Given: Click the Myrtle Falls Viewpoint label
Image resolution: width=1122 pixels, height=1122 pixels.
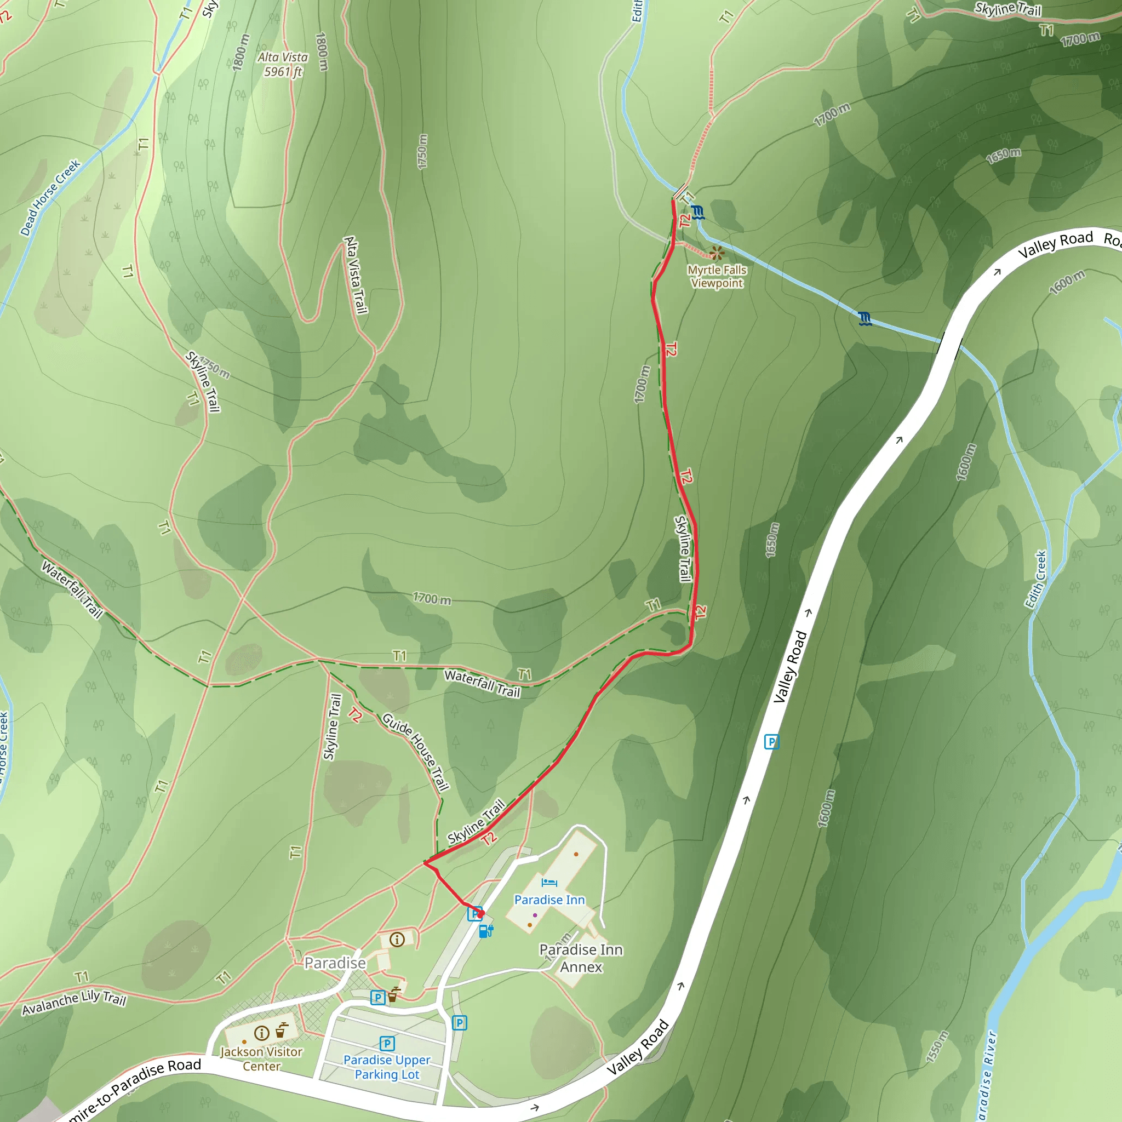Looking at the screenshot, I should point(717,277).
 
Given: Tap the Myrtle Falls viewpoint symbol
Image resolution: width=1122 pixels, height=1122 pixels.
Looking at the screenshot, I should point(717,253).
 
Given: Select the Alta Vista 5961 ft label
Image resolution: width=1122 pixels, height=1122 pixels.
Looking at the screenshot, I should point(283,65).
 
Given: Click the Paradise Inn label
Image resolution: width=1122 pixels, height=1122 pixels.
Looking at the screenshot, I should point(549,900).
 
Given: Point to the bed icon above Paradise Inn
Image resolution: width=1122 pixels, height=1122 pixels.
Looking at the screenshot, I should point(549,883).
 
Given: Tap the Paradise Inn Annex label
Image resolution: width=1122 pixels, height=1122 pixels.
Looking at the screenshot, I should point(581,958).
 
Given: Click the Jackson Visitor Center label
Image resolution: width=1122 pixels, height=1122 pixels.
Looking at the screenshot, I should point(261,1058).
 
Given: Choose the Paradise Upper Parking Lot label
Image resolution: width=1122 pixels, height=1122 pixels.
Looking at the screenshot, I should point(387,1067).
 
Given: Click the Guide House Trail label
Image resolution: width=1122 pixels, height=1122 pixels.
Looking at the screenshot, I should point(416,752).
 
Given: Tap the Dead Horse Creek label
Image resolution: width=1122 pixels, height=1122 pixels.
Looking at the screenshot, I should point(50,197).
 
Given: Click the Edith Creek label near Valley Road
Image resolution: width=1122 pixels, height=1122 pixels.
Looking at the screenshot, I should point(1035,579).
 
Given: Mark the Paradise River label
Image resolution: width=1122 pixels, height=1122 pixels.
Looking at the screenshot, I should point(987,1074).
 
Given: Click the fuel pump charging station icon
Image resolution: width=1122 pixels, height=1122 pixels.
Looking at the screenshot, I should point(486,931).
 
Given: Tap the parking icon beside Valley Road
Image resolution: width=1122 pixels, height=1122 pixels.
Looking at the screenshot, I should point(771,742).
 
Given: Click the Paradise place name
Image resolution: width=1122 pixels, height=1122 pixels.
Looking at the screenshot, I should point(335,963).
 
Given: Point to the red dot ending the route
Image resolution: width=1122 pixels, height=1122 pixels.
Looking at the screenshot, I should point(480,913).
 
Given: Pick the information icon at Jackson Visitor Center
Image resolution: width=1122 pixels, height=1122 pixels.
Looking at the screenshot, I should point(262,1033).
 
